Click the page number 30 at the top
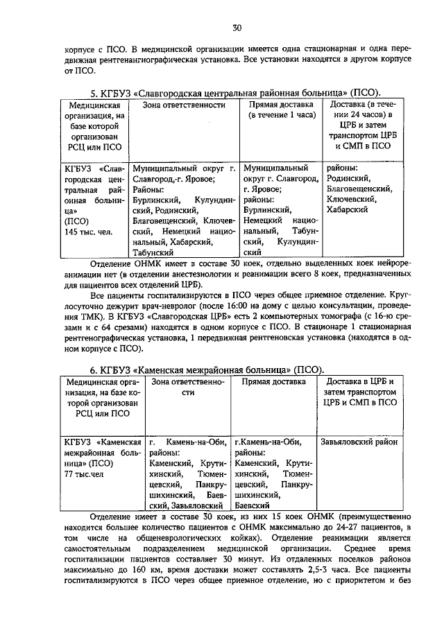click(237, 28)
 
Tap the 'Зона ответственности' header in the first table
click(184, 105)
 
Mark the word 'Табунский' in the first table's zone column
click(153, 254)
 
